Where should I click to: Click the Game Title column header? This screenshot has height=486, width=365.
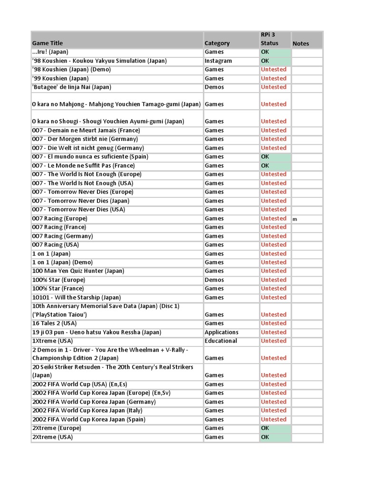48,43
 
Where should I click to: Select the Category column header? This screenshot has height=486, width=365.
217,43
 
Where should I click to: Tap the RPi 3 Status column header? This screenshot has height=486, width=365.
269,39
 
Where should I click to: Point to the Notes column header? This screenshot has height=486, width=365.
300,43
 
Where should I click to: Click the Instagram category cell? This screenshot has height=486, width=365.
218,61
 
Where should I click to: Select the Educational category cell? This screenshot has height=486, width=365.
221,341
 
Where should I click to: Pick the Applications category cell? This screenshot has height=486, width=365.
221,332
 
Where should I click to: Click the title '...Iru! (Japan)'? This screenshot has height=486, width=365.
50,52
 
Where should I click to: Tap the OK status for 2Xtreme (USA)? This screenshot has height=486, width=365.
265,437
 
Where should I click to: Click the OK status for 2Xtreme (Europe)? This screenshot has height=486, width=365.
265,428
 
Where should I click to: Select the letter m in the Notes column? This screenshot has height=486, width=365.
295,219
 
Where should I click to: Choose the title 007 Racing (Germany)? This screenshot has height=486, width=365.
62,236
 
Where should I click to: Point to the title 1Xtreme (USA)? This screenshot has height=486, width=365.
52,341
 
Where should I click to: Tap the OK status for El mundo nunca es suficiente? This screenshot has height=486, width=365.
265,157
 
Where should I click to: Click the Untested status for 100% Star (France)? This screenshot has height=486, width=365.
273,289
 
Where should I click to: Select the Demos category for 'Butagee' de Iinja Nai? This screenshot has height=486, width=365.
214,87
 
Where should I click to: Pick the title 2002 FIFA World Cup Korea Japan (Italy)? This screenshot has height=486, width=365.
87,411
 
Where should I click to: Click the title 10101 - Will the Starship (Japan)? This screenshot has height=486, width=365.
77,298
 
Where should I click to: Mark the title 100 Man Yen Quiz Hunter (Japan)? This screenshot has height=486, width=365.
78,271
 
